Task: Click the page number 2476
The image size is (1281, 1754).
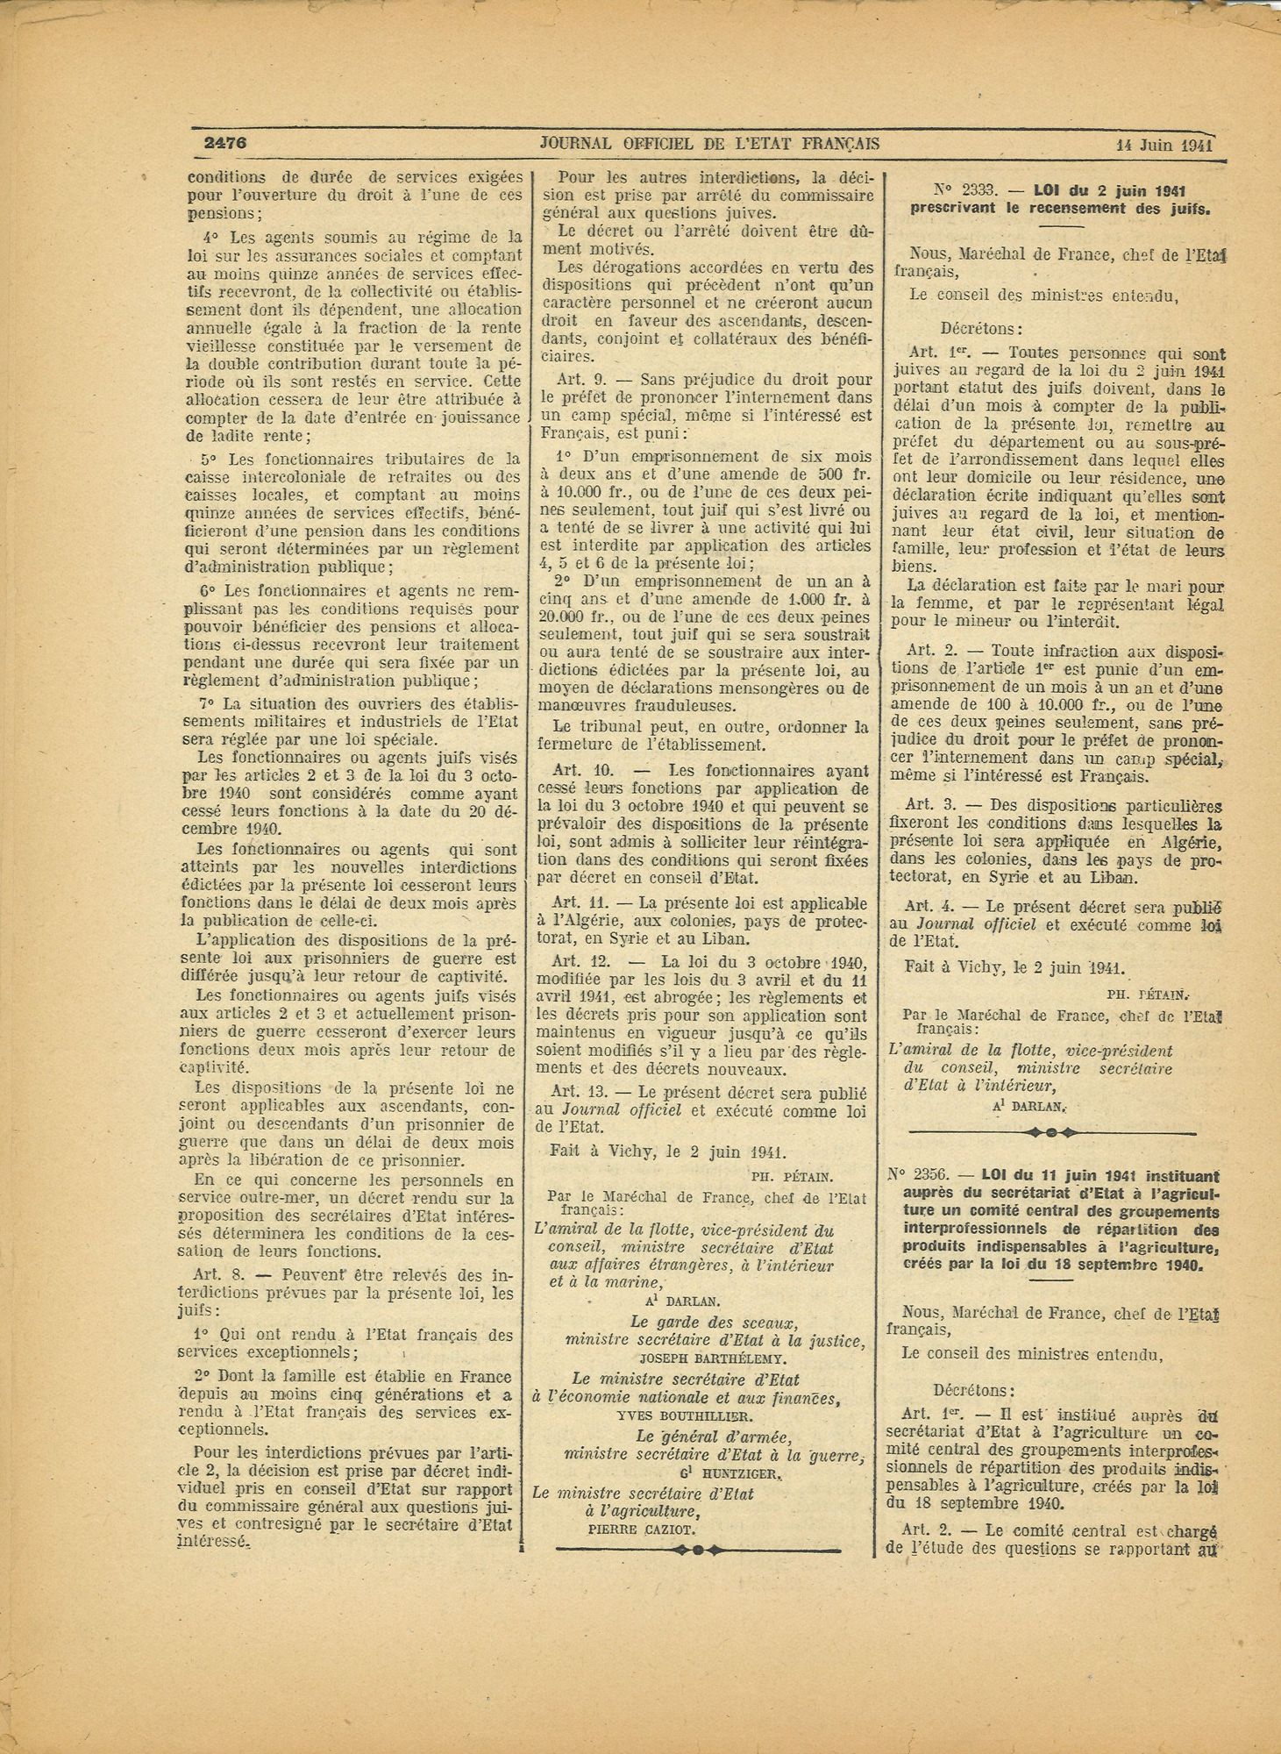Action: click(224, 142)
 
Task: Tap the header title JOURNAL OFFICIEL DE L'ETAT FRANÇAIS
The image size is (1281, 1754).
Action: click(709, 143)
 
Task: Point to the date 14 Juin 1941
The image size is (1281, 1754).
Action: click(1164, 145)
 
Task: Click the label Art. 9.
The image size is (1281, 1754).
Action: click(579, 380)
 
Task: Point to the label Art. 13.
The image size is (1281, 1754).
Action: click(579, 1094)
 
